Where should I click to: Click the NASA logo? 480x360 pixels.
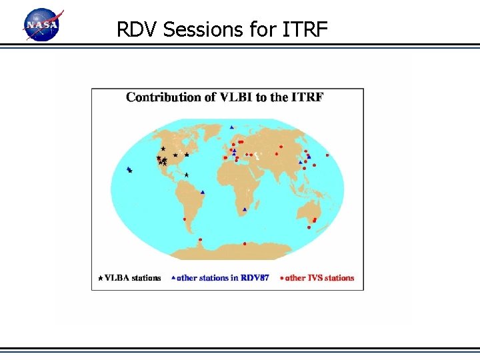42,25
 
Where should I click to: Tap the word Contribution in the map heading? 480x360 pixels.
162,97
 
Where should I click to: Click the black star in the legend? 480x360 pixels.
101,278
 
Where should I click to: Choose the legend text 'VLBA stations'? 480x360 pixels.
133,278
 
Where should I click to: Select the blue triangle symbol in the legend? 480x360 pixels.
173,277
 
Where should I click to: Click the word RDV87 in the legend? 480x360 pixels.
255,278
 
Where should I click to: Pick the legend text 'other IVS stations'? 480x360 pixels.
320,278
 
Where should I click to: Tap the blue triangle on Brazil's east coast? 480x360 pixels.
202,193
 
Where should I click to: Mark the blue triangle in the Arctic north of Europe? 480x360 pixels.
231,127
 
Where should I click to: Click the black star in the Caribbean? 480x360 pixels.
187,175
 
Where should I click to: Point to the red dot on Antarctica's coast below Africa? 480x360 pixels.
245,243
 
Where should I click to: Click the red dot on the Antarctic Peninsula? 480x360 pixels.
200,240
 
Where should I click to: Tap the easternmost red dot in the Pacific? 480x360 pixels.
327,155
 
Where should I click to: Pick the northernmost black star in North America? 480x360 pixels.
163,148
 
